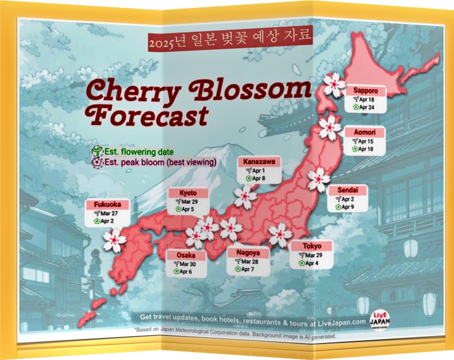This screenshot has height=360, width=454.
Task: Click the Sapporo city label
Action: point(366,90)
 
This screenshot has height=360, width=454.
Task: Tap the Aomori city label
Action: point(364,132)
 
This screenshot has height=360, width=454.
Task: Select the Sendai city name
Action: point(348,190)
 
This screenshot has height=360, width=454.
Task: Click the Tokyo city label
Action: point(312,246)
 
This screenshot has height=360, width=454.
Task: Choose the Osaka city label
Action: point(186,256)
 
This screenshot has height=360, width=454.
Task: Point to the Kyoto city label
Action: point(188,193)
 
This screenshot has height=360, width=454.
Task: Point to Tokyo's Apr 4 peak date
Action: point(312,263)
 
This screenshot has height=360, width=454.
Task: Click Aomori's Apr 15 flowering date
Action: point(367,141)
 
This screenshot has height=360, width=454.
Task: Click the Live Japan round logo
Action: point(380,320)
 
